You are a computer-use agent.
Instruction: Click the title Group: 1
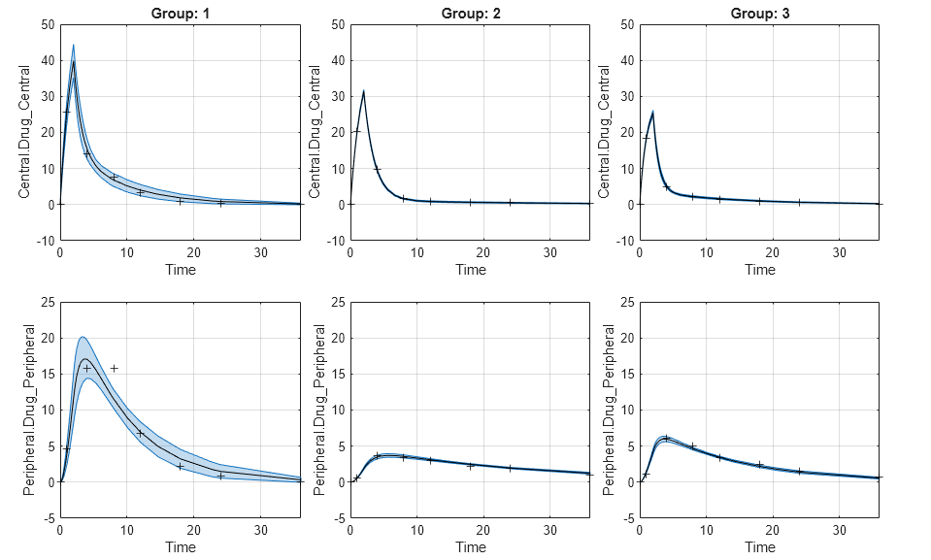(181, 13)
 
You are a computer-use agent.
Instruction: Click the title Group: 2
(470, 13)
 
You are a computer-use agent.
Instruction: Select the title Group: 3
(759, 13)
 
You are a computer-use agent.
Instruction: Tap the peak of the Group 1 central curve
(73, 62)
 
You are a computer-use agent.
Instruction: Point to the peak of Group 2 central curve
(363, 91)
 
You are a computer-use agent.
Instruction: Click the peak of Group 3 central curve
(652, 112)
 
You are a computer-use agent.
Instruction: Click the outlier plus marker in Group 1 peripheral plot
(114, 368)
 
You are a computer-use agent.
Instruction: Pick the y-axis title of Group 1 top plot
(25, 132)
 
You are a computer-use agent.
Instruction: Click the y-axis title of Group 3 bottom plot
(609, 410)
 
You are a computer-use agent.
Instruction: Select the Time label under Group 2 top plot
(470, 269)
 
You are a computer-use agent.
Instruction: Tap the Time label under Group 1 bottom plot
(181, 546)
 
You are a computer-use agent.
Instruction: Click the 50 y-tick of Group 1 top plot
(48, 24)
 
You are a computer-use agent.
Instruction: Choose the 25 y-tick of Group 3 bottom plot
(626, 303)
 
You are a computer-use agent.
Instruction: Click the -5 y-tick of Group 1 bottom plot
(50, 518)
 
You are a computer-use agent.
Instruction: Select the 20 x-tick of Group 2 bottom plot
(483, 530)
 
